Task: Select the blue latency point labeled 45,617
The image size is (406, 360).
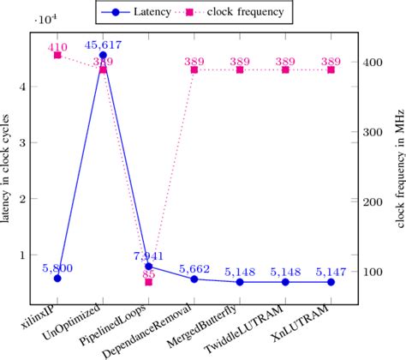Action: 103,55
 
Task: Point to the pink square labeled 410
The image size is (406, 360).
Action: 57,55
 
